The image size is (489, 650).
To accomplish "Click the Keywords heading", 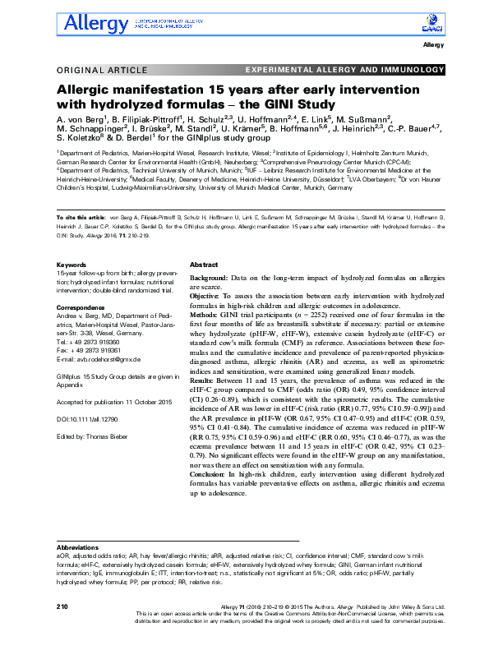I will point(72,265).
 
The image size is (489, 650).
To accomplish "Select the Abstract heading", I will point(204,266).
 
